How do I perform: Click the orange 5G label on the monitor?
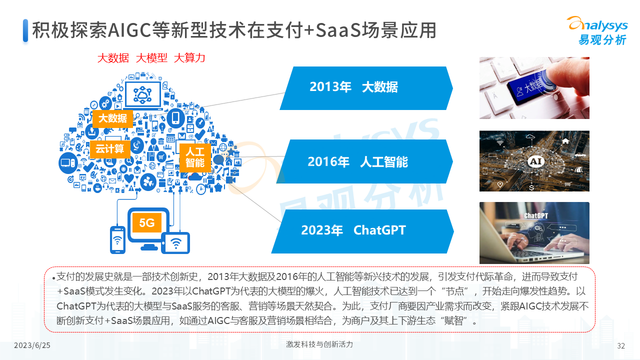[x=147, y=222]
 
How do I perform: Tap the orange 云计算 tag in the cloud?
[x=110, y=149]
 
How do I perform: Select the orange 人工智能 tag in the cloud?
[x=195, y=157]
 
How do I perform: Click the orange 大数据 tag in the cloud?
[x=112, y=118]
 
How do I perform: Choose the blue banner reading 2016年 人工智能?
[x=364, y=161]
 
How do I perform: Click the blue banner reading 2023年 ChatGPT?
[x=362, y=231]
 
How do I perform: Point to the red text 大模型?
[x=151, y=58]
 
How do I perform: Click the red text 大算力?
[x=189, y=58]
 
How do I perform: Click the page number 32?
[x=621, y=346]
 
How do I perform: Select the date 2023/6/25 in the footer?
[x=32, y=345]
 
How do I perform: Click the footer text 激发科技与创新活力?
[x=319, y=344]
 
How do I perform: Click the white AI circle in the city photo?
[x=535, y=161]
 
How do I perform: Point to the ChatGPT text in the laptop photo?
[x=536, y=215]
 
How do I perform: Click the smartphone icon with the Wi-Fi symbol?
[x=117, y=239]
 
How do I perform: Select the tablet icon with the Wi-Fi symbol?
[x=175, y=243]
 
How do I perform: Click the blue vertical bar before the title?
[x=25, y=30]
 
